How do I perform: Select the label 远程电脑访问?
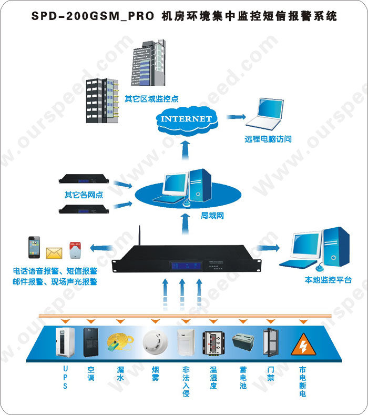pos(268,139)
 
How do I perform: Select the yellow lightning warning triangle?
pos(303,343)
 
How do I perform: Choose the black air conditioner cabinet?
pos(91,342)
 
